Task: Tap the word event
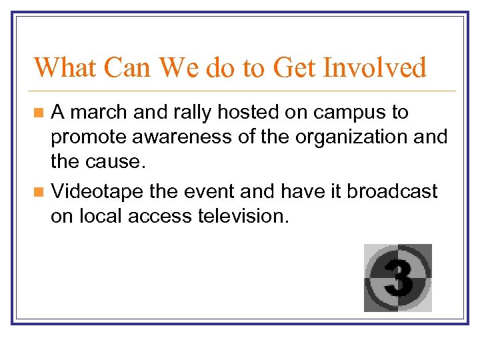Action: (211, 192)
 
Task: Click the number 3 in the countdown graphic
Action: (398, 277)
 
